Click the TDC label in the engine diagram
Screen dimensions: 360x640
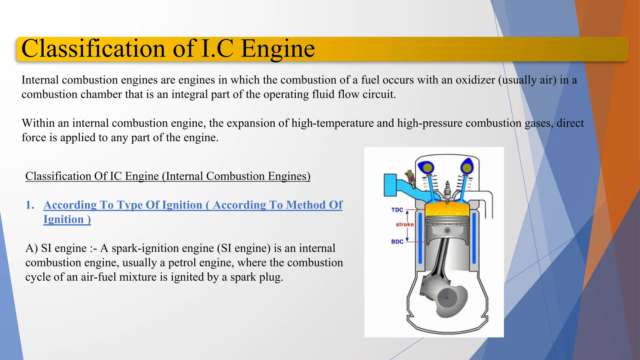tap(397, 210)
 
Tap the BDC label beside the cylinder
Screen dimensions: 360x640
tap(397, 242)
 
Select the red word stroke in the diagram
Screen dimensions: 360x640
tap(405, 224)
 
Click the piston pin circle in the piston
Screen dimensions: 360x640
tap(447, 231)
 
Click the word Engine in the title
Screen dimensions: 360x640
tap(278, 49)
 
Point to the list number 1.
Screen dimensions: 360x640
tap(30, 205)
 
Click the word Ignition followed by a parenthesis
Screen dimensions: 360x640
tap(64, 219)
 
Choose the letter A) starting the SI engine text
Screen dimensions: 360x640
tap(32, 248)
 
